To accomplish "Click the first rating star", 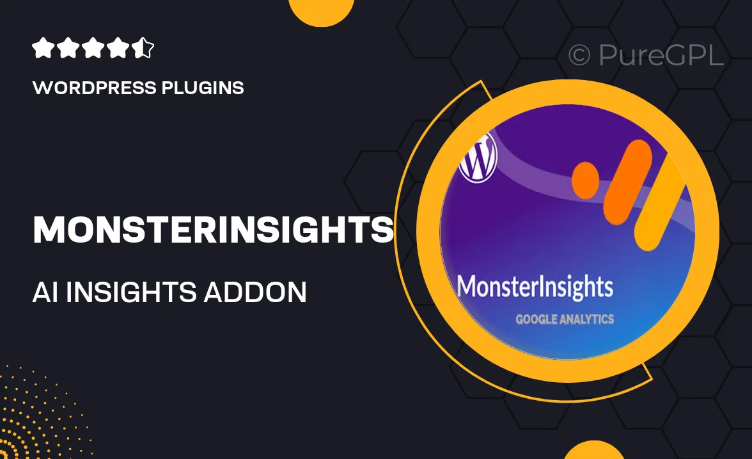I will [42, 49].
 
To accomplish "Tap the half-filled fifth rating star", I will [144, 49].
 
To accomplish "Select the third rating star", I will [93, 49].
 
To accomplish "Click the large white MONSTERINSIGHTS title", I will [213, 230].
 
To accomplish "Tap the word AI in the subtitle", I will [46, 292].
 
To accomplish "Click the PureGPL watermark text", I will [661, 55].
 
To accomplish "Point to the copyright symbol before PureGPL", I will [579, 56].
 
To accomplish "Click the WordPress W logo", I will [478, 157].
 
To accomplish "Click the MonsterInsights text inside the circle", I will [535, 287].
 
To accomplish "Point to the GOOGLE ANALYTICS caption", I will [565, 318].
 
